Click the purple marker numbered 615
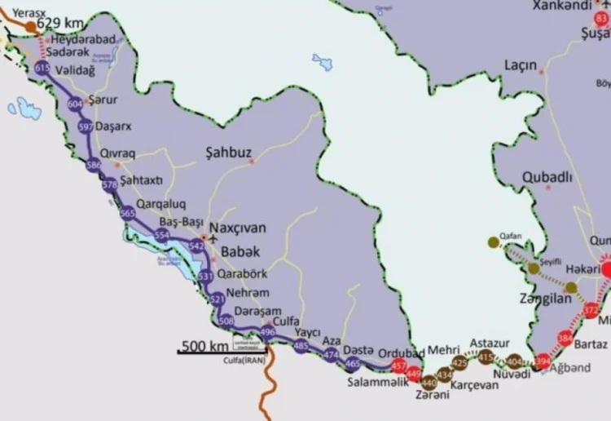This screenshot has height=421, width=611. click(42, 70)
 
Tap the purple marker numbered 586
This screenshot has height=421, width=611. click(94, 166)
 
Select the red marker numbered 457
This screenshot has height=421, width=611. click(398, 365)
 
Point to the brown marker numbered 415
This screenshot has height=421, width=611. click(486, 357)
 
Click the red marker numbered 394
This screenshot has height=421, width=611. click(543, 361)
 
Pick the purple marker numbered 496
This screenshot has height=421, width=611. click(267, 332)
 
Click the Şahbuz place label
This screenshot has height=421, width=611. click(229, 153)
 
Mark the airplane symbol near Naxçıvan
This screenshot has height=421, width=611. click(214, 238)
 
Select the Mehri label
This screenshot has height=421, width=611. click(444, 348)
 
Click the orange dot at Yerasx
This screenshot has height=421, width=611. click(31, 27)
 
